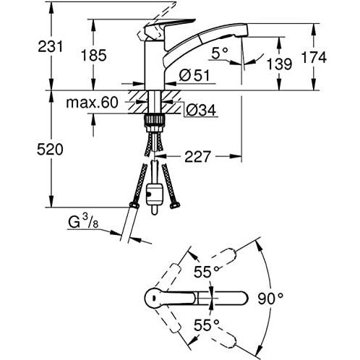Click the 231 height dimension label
click(x=51, y=46)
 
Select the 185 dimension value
click(x=94, y=55)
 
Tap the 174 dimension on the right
click(x=314, y=57)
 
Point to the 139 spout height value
click(x=279, y=64)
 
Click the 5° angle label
click(x=220, y=53)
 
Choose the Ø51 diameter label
click(x=194, y=75)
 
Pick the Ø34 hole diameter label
click(x=201, y=111)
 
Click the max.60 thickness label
click(x=93, y=103)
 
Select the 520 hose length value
click(x=50, y=150)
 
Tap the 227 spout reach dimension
click(x=197, y=157)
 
